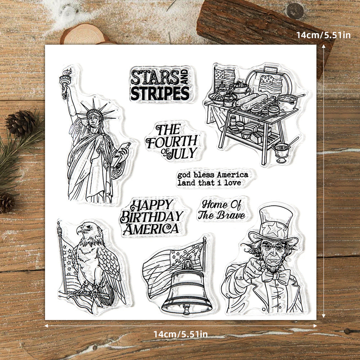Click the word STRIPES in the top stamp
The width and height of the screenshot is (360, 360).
click(159, 93)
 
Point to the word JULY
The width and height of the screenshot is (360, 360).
click(184, 153)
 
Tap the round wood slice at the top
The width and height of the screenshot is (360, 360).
click(85, 34)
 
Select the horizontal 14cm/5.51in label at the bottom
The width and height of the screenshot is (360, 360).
click(181, 334)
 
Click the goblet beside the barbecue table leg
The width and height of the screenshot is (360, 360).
click(281, 151)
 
